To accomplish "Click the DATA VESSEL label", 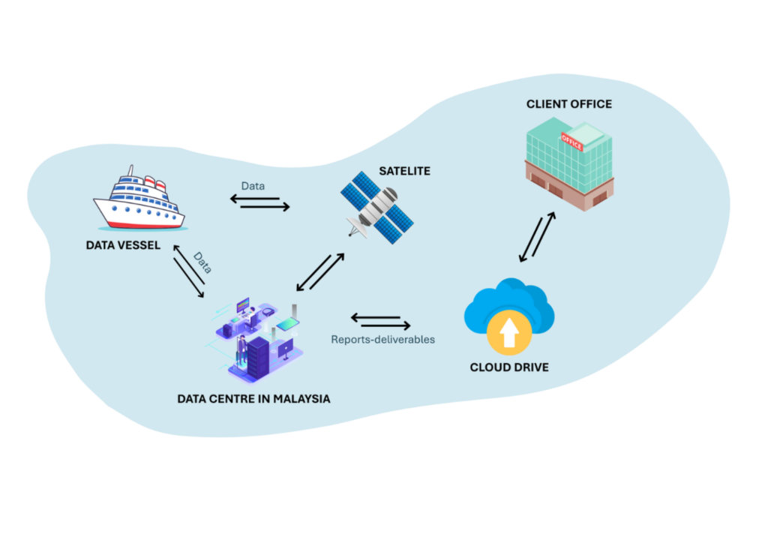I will click(123, 244).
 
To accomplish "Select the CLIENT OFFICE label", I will click(568, 103).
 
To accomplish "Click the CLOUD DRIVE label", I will click(509, 367).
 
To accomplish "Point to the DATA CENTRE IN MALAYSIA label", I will click(253, 399).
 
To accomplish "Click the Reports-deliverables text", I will click(383, 340).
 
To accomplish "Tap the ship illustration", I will click(139, 199).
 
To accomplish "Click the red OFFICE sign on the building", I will click(571, 142).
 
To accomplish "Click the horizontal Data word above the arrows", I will click(253, 185).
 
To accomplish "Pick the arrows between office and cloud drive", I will click(538, 237).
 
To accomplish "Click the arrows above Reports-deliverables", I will click(381, 321).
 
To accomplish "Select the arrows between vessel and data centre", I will click(188, 271).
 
